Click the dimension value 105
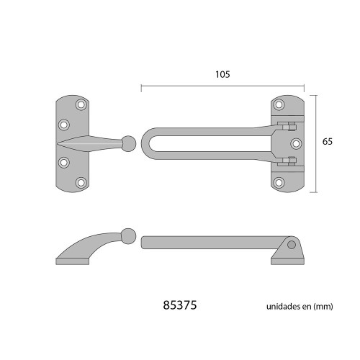[x=223, y=73]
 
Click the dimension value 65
[x=327, y=142]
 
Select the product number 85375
[x=181, y=305]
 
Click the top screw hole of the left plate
[x=81, y=105]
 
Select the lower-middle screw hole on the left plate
[x=63, y=162]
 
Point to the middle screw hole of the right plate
[x=294, y=142]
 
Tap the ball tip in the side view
[x=128, y=235]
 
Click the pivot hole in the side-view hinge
[x=291, y=245]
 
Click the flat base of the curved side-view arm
[x=72, y=261]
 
